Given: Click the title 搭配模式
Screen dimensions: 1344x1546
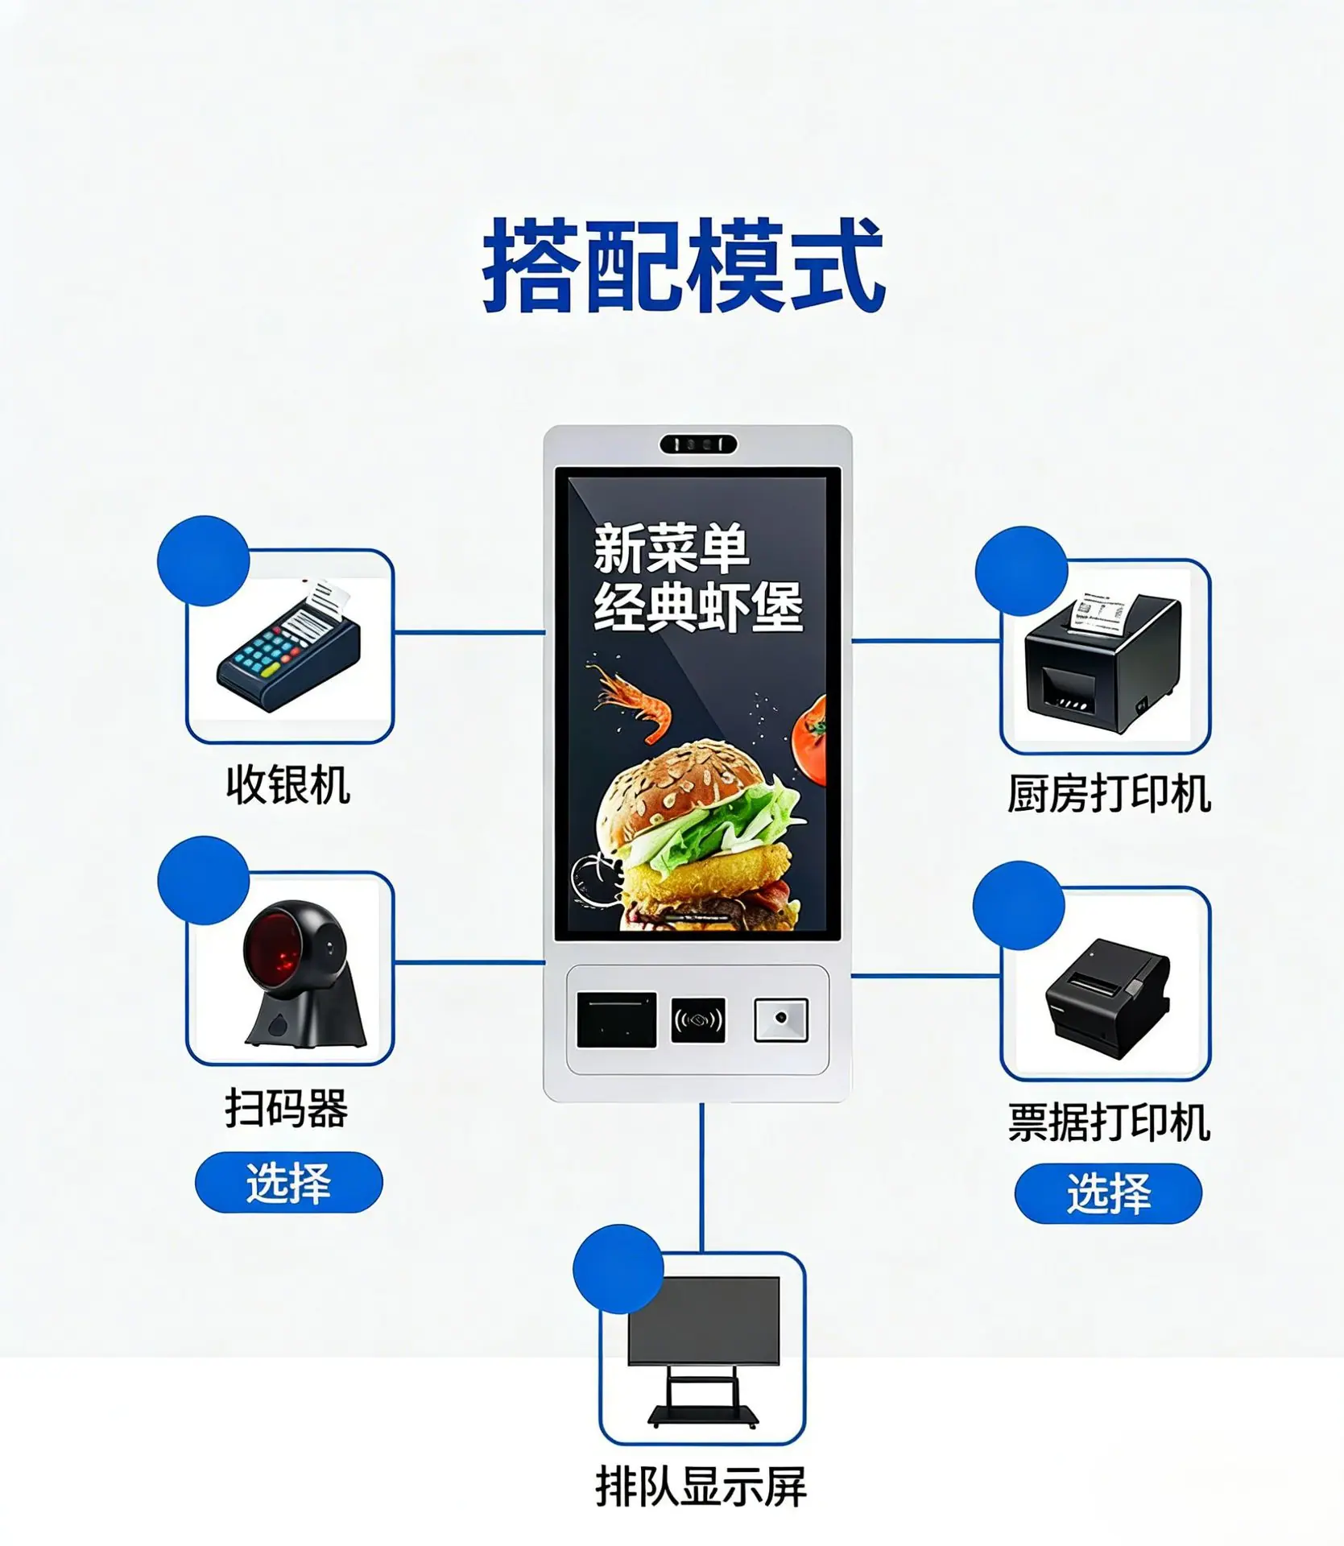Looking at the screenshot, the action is coord(684,265).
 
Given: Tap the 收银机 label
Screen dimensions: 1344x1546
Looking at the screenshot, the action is coord(287,785).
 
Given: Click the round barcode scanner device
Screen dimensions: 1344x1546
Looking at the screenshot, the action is coord(305,974).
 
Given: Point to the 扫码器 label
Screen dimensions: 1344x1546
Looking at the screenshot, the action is coord(287,1108).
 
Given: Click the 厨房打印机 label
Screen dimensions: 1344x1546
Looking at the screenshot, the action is coord(1109,795).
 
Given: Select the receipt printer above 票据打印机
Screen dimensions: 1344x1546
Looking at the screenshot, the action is coord(1107,998).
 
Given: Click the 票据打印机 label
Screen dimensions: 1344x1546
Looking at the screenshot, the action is coord(1109,1122).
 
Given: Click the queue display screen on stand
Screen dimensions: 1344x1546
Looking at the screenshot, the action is coord(703,1353).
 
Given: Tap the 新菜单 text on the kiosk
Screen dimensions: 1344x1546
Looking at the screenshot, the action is coord(672,549).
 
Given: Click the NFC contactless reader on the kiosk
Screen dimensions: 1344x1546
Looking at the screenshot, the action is coord(698,1021).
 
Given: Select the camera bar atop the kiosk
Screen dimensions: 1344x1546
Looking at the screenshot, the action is coord(698,444).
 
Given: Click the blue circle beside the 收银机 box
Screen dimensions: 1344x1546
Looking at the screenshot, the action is coord(204,560).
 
